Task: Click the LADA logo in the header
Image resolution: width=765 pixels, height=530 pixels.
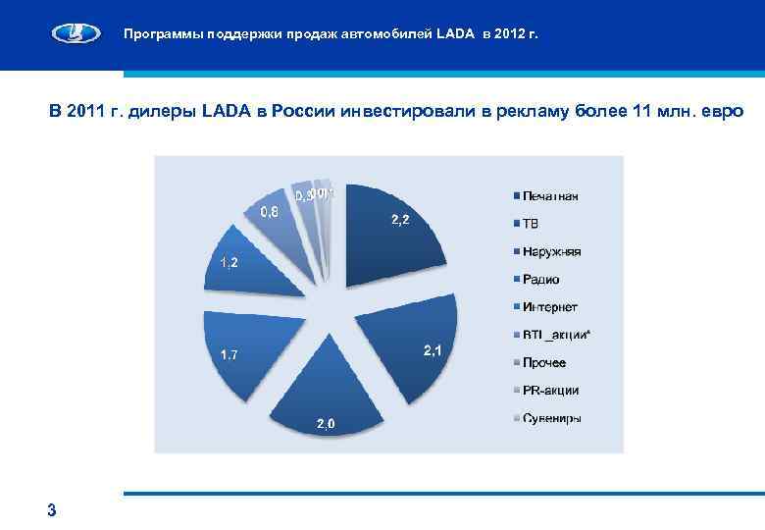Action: tap(77, 34)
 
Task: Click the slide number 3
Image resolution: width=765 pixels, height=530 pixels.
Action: tap(51, 508)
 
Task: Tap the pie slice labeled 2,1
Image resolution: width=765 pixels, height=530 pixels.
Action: tap(412, 348)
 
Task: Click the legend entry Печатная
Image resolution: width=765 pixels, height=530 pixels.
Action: tap(549, 196)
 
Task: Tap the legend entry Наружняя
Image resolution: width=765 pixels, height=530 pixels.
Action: tap(551, 252)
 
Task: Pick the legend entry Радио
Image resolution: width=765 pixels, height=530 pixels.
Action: tap(540, 280)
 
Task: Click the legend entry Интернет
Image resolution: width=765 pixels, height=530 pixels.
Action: tap(549, 307)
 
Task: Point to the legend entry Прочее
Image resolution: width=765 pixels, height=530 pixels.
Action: tap(543, 363)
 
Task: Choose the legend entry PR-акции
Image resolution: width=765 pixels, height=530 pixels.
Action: tap(549, 391)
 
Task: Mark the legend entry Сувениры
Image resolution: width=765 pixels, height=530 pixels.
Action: tap(551, 419)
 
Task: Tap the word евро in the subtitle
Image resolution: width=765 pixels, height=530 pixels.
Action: tap(725, 111)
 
